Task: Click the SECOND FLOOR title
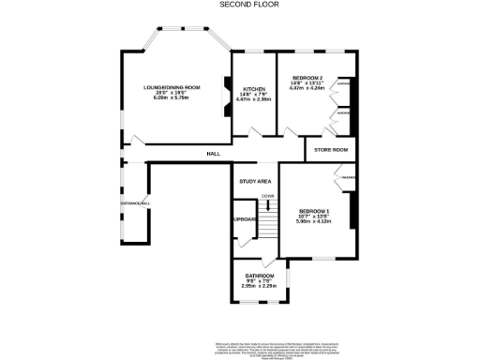pos(239,5)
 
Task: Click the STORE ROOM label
pos(330,150)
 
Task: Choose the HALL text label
pos(214,154)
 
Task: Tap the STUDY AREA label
pos(255,180)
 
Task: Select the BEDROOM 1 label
pos(314,211)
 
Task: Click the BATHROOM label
pos(260,276)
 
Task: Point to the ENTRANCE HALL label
pos(135,202)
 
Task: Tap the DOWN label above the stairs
pos(268,196)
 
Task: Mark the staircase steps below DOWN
pos(268,225)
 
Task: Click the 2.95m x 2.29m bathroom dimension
pos(260,287)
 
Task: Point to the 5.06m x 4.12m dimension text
pos(314,221)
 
